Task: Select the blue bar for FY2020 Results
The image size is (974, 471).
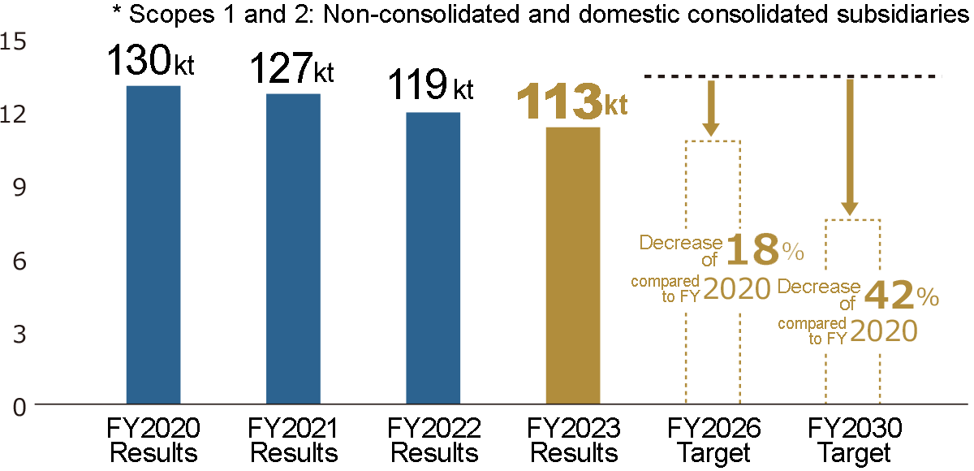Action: pos(153,244)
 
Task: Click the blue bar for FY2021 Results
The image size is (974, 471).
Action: pos(293,248)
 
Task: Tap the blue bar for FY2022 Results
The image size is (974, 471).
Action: pos(433,257)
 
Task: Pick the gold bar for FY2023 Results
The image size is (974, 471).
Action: pos(573,265)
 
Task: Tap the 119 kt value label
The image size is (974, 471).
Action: pos(430,84)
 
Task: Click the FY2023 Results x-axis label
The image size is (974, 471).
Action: pos(573,440)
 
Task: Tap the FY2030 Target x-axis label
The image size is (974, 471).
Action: pos(854,440)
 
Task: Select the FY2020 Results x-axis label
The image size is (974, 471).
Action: pos(153,440)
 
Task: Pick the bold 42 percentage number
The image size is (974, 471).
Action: pos(888,297)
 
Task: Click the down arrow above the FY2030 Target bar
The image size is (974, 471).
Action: pos(850,146)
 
